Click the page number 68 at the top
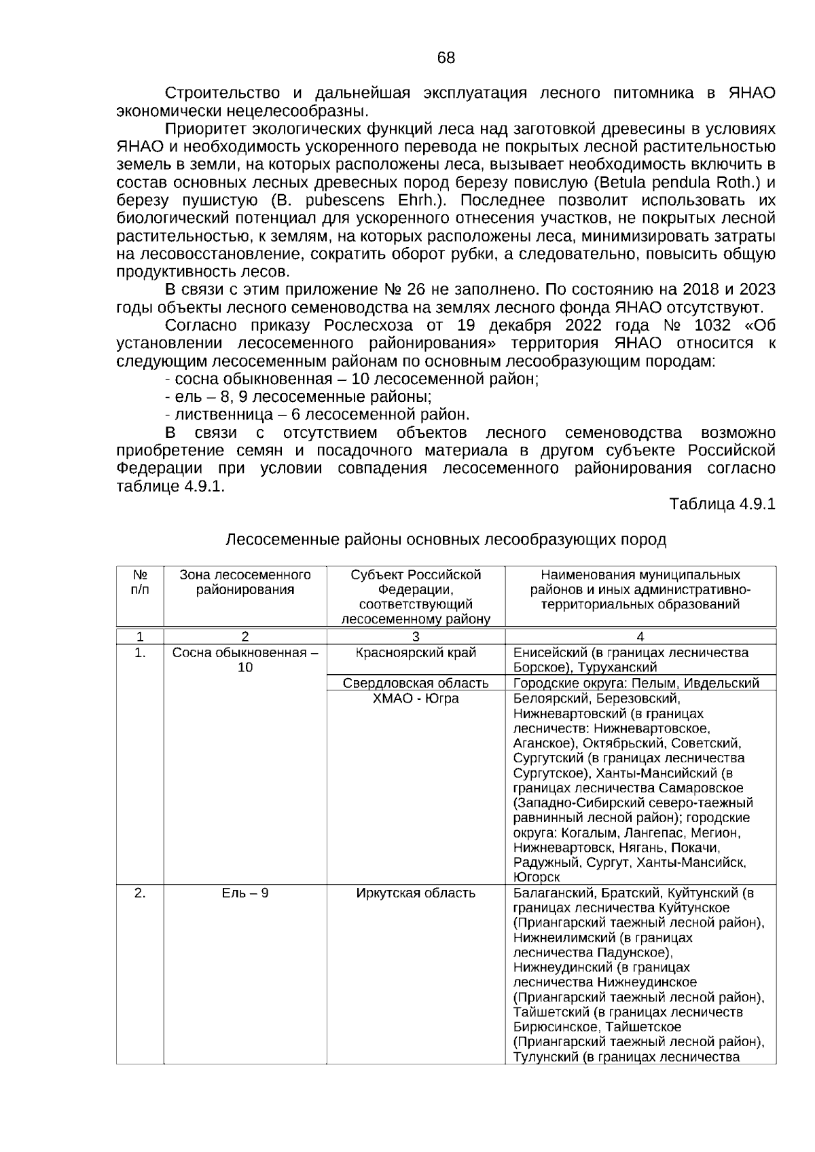point(446,58)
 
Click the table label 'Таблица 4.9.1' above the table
point(722,504)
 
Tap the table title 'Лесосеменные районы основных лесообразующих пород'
point(446,540)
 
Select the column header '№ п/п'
point(140,582)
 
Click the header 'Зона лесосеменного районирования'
point(245,582)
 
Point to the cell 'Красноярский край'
point(416,653)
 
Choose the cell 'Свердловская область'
point(416,683)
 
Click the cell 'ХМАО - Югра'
point(416,699)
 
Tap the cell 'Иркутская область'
point(416,893)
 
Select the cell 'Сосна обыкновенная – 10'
point(245,660)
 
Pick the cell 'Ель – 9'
point(245,893)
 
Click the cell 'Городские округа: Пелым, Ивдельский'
point(636,683)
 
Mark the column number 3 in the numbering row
point(416,637)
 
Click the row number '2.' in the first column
point(140,893)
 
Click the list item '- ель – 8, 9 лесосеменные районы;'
point(299,397)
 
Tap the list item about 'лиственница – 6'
point(317,415)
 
